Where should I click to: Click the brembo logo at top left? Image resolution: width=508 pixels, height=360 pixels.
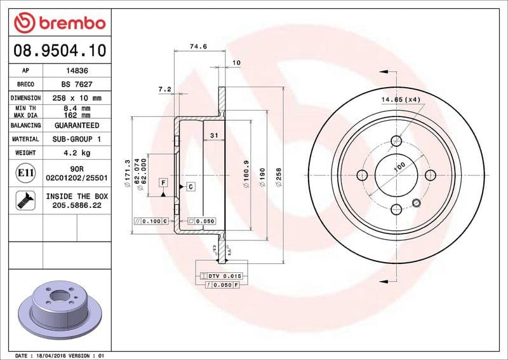pyautogui.click(x=59, y=23)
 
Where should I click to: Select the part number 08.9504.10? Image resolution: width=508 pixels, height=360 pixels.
pyautogui.click(x=59, y=50)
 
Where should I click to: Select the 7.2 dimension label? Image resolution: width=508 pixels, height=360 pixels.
pyautogui.click(x=164, y=89)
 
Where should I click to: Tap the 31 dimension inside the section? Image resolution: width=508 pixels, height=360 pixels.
pyautogui.click(x=214, y=135)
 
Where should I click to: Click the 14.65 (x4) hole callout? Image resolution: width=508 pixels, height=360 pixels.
pyautogui.click(x=401, y=100)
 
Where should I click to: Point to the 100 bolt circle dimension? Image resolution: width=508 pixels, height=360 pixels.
pyautogui.click(x=399, y=167)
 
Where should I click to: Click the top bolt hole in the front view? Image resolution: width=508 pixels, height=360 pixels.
pyautogui.click(x=397, y=141)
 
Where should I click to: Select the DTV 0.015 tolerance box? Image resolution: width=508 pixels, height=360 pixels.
pyautogui.click(x=222, y=275)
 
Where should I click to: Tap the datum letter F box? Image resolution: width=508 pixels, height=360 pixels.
pyautogui.click(x=163, y=183)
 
